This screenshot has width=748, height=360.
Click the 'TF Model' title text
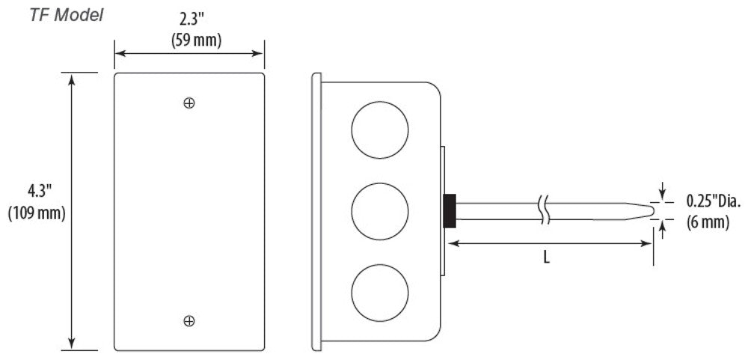click(67, 15)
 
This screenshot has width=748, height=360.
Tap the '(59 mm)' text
click(196, 40)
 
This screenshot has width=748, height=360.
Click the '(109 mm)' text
click(37, 213)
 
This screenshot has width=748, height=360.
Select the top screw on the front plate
click(189, 103)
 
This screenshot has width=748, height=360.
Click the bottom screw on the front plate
click(189, 321)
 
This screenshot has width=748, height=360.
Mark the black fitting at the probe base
click(450, 210)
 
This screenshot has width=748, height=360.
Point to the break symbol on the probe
click(546, 210)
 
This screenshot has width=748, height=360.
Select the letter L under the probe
click(547, 258)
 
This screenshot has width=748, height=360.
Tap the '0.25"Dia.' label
click(714, 202)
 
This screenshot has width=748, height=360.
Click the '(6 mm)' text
click(708, 222)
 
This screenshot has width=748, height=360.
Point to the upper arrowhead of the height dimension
click(72, 79)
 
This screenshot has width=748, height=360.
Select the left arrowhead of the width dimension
click(121, 53)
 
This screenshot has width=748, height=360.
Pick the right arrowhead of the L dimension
click(646, 243)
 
